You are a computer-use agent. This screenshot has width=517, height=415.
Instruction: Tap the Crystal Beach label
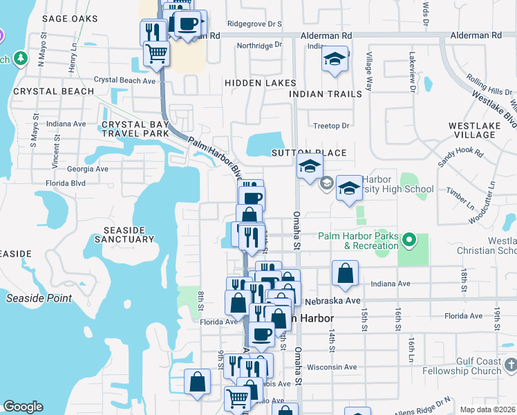coord(53,91)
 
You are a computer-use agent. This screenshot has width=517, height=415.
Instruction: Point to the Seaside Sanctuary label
coord(129,234)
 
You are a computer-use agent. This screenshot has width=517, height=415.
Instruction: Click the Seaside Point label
coord(39,298)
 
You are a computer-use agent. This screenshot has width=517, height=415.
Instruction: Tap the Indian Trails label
coord(326,94)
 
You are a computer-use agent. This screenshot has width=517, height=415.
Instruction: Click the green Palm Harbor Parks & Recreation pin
coord(409,241)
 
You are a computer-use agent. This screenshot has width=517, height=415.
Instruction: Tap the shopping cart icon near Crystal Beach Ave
coord(157,53)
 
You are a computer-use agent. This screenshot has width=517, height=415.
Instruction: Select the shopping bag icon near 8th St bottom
coord(198,382)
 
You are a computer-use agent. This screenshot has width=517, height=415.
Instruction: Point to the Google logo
coord(23,407)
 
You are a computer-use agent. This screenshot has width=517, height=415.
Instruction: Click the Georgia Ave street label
coord(88,169)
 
